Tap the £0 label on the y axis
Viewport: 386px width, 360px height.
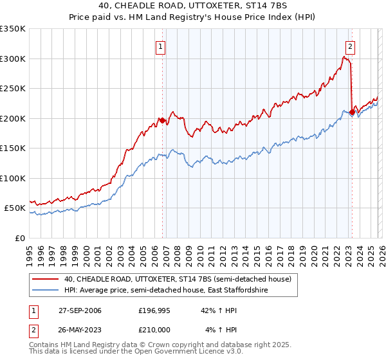tap(19, 238)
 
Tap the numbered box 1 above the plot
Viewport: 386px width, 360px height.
tap(159, 46)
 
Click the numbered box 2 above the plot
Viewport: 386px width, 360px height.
tap(350, 46)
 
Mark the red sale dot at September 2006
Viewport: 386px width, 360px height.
tap(162, 120)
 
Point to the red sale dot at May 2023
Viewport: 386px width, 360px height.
tap(351, 113)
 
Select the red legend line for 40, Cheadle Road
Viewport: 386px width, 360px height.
tap(46, 279)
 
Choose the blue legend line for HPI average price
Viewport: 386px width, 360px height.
tap(46, 291)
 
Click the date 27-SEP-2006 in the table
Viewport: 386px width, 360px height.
tap(80, 310)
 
